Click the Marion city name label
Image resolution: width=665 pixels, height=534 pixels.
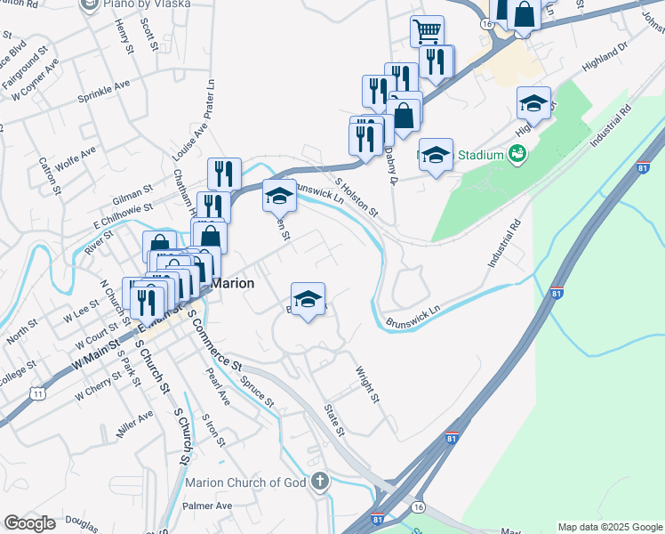[234, 283]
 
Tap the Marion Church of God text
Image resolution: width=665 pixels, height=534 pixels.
[244, 482]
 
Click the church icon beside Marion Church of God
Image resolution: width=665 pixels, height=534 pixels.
[320, 482]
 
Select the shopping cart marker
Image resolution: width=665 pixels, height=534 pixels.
[427, 32]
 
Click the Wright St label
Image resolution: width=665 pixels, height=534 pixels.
[368, 384]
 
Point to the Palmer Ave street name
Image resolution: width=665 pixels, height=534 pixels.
[207, 506]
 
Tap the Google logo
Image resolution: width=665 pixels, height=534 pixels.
[29, 523]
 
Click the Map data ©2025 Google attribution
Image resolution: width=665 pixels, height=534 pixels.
[610, 527]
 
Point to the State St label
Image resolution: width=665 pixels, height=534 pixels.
[334, 420]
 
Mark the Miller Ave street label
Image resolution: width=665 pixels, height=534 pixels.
[134, 425]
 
